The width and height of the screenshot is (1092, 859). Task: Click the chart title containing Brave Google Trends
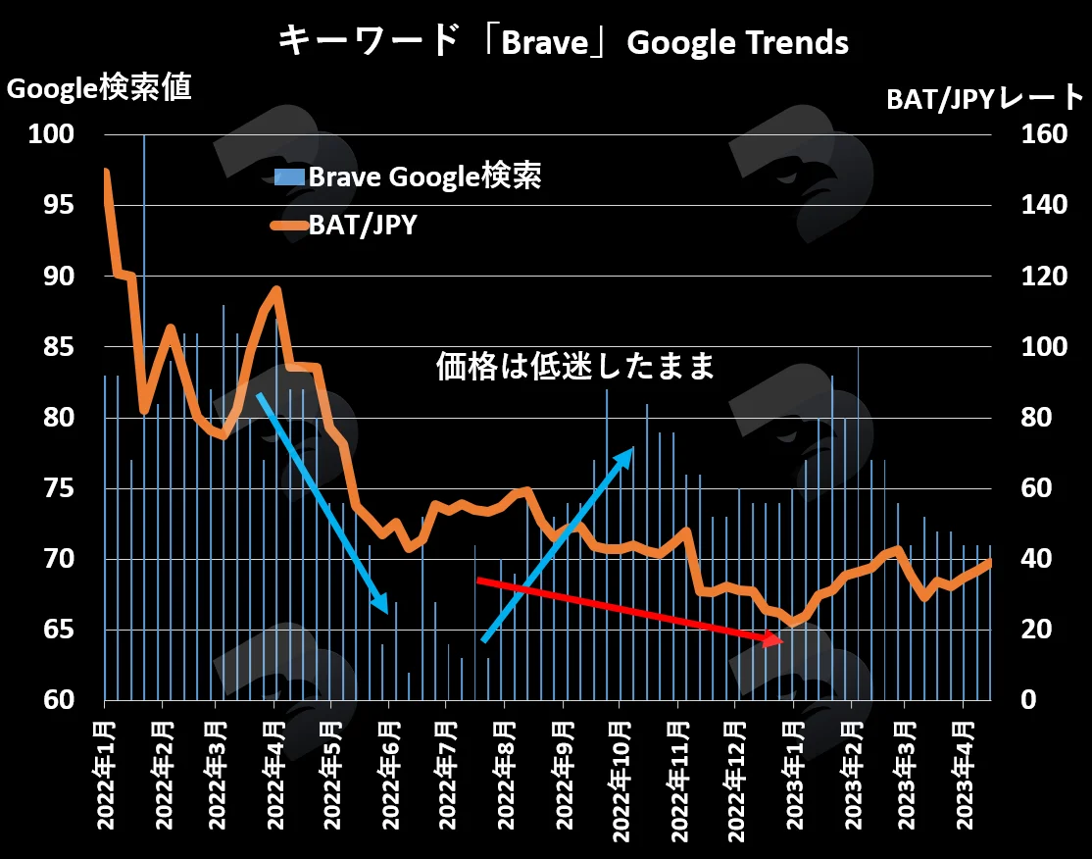tap(563, 42)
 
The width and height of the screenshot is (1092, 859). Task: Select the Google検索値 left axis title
tap(99, 88)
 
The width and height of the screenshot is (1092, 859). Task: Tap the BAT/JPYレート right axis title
tap(985, 99)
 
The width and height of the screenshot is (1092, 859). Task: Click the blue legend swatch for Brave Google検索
tap(289, 177)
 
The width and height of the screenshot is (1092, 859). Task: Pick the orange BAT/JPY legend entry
tap(345, 225)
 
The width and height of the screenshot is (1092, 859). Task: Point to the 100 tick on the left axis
tap(51, 133)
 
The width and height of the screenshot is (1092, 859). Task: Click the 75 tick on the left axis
tap(59, 487)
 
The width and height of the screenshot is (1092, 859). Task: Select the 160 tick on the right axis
tap(1044, 133)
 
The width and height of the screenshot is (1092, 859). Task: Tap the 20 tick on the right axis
tap(1036, 630)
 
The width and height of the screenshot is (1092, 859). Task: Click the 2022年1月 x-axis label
tap(105, 776)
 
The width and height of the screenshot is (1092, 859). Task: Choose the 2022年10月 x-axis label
tap(620, 782)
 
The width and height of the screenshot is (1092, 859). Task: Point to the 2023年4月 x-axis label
tap(964, 776)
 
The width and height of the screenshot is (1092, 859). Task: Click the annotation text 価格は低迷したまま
tap(575, 366)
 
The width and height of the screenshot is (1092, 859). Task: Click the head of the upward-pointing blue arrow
tap(632, 449)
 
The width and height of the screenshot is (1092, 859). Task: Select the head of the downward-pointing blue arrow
tap(386, 612)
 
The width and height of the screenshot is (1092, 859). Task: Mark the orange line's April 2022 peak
tap(276, 289)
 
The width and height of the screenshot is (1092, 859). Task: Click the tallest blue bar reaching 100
tap(144, 417)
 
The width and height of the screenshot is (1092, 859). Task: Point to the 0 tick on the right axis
tap(1028, 699)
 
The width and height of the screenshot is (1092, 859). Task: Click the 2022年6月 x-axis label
tap(391, 776)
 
